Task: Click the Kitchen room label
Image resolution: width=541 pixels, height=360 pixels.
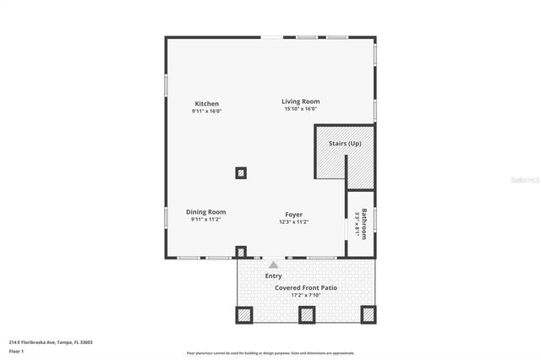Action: (207, 104)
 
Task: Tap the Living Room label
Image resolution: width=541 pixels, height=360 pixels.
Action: (301, 101)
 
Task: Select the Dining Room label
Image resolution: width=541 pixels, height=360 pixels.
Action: (206, 212)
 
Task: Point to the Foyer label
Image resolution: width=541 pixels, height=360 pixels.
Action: (293, 215)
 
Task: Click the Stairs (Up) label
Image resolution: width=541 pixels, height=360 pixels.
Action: (345, 144)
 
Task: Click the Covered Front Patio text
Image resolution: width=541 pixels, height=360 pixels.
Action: (306, 288)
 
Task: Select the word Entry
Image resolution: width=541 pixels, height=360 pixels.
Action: (274, 275)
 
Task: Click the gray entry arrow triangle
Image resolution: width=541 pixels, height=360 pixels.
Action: (273, 265)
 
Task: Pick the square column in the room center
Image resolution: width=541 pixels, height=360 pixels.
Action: (241, 173)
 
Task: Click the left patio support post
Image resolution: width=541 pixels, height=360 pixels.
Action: (244, 314)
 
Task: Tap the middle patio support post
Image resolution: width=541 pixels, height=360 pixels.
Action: (306, 314)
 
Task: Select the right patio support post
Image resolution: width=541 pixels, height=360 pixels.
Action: (368, 314)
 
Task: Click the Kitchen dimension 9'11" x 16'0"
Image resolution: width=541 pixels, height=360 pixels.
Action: (207, 112)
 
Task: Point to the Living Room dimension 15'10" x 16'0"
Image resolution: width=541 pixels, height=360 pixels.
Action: (301, 109)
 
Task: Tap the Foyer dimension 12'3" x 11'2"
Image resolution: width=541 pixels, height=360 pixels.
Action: (293, 222)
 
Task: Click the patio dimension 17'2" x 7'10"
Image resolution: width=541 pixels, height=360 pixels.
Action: (306, 296)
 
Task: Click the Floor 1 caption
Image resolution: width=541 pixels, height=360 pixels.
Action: (17, 350)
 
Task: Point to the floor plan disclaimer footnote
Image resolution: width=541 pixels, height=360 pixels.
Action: (270, 353)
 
